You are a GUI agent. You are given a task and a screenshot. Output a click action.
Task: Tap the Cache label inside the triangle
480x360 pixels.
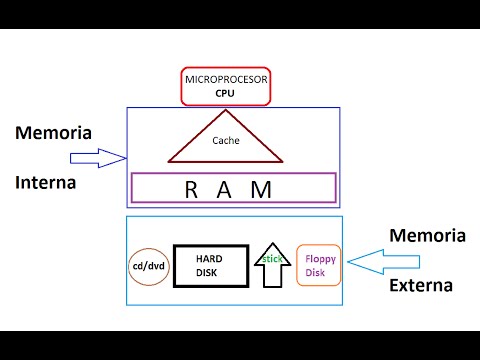tap(225, 141)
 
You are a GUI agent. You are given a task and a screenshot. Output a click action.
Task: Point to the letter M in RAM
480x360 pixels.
tap(262, 189)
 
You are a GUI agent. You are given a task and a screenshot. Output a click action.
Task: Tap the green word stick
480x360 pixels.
tap(270, 259)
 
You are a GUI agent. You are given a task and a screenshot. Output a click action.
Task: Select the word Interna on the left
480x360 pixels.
tap(46, 183)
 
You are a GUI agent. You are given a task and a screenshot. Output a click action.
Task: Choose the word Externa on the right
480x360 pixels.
tap(421, 285)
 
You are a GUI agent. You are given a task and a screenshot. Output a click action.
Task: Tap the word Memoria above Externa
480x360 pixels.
tap(427, 236)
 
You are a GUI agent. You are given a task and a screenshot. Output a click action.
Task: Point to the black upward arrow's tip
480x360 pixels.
tap(270, 241)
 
